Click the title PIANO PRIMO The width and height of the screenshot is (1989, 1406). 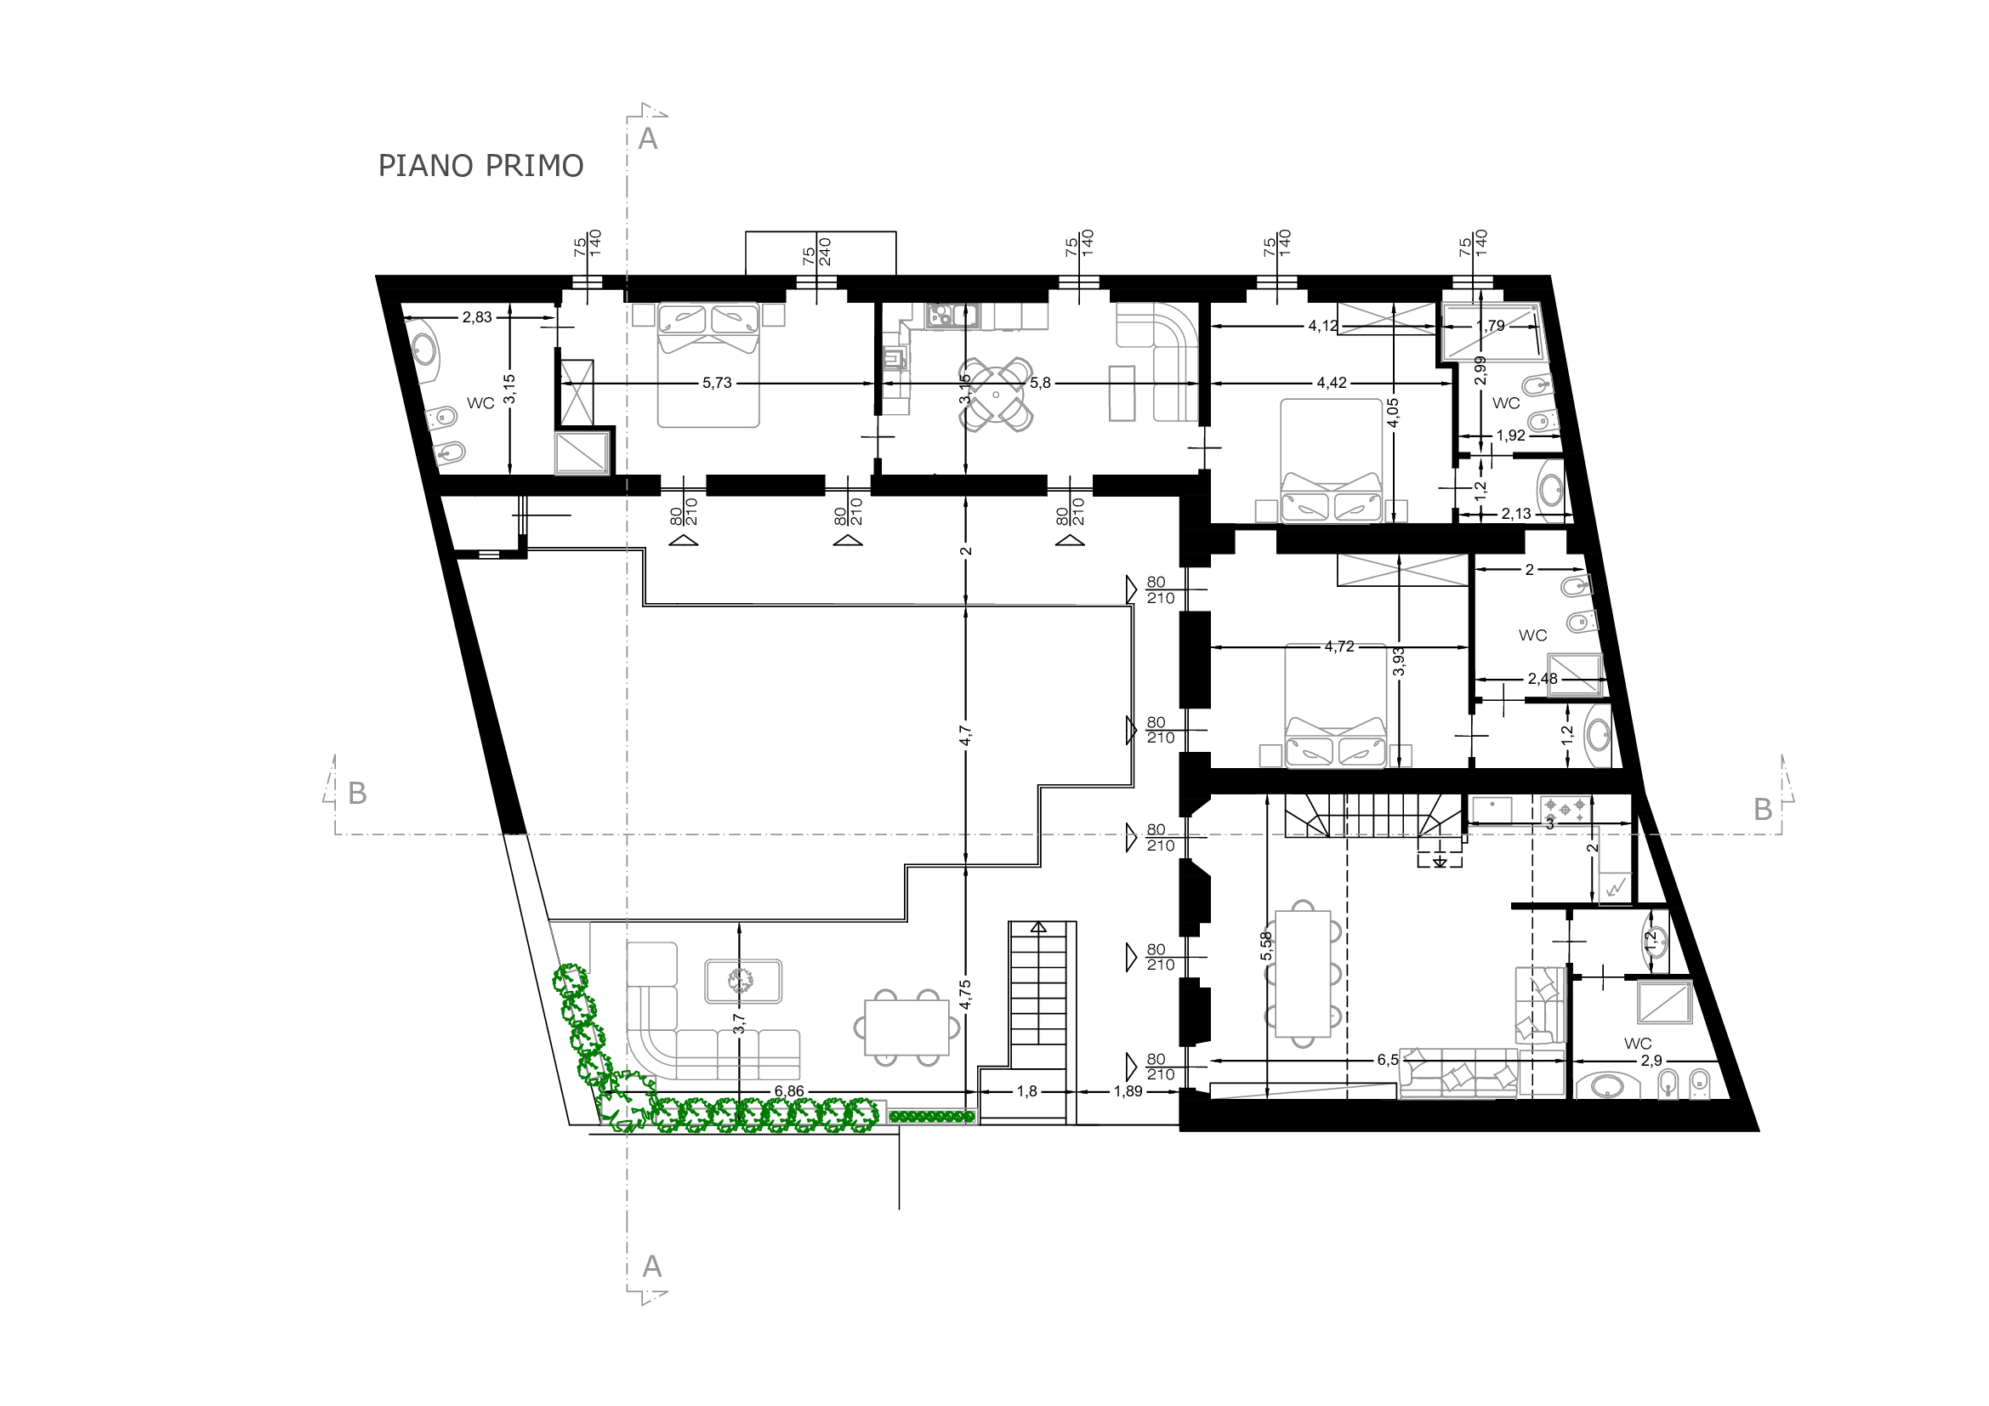tap(480, 166)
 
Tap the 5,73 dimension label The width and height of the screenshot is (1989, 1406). tap(718, 383)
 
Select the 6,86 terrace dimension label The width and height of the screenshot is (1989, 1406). tap(789, 1091)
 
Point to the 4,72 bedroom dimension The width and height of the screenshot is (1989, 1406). tap(1339, 646)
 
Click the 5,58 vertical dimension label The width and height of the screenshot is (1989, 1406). tap(1266, 945)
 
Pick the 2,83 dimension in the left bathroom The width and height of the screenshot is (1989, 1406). tap(477, 317)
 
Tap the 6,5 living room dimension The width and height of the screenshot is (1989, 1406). tap(1388, 1060)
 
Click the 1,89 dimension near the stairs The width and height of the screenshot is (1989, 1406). tap(1128, 1091)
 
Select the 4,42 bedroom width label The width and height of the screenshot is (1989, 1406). tap(1332, 383)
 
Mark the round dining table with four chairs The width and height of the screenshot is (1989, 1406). tap(997, 395)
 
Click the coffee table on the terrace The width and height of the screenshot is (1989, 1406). tap(743, 982)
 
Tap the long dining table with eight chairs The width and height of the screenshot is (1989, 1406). tap(1302, 973)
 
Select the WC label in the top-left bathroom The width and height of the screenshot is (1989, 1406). tap(480, 403)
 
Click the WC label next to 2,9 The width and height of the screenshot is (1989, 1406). tap(1637, 1044)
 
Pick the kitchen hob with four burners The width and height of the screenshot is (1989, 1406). tap(1566, 810)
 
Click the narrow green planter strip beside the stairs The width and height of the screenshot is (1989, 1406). tap(932, 1118)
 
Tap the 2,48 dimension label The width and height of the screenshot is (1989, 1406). tap(1542, 679)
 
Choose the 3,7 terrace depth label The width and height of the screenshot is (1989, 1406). tap(739, 1024)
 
